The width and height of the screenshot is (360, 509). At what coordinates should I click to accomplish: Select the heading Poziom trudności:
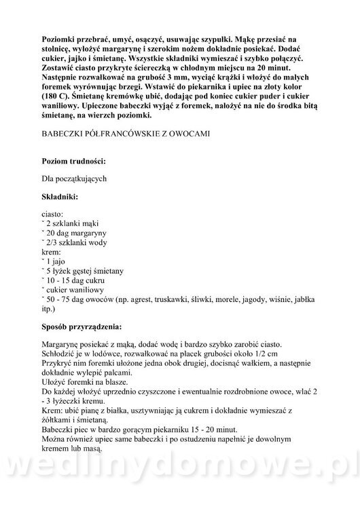coord(73,161)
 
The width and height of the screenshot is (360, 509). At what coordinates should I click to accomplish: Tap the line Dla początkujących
coord(74,178)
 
